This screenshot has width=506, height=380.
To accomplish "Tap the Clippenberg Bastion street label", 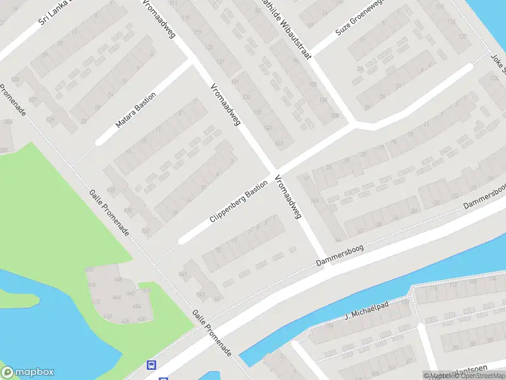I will (x=239, y=202).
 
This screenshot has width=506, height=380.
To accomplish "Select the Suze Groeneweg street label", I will (x=359, y=22).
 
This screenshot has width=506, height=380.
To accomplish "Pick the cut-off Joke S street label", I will (x=497, y=63).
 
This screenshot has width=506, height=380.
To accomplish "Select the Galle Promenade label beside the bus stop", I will (x=213, y=332).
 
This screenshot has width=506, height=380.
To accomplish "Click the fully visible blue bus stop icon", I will (x=152, y=365).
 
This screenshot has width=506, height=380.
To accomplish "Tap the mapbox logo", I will (x=28, y=372).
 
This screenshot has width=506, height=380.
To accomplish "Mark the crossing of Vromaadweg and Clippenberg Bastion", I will (x=274, y=172).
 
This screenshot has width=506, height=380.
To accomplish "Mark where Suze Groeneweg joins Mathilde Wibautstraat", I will (x=311, y=54).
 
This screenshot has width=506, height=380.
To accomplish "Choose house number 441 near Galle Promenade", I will (x=183, y=274).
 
